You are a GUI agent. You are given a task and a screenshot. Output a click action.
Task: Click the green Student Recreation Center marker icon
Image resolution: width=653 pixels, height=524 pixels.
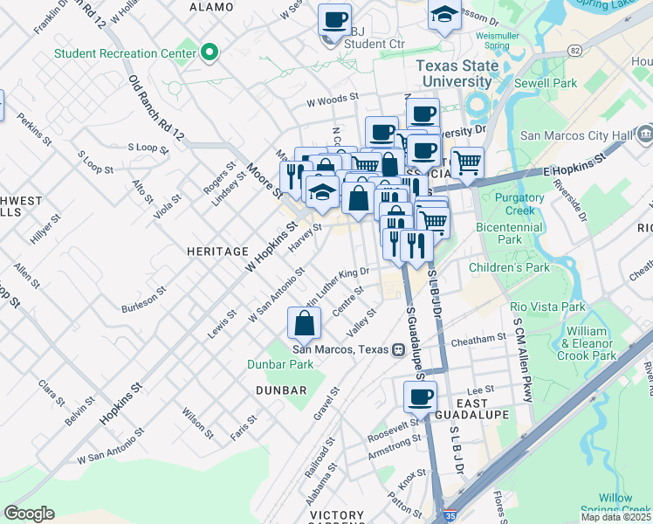(209, 53)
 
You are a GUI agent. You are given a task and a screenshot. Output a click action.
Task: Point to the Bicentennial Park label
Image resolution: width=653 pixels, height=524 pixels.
(509, 232)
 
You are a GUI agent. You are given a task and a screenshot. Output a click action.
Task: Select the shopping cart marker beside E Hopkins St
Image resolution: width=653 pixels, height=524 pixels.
(468, 161)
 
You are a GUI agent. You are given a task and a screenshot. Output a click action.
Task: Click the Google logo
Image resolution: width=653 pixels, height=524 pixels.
(29, 513)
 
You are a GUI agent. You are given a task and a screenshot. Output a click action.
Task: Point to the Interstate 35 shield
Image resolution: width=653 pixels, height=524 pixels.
(450, 518)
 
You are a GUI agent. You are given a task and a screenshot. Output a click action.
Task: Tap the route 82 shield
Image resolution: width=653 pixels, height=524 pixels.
(573, 51)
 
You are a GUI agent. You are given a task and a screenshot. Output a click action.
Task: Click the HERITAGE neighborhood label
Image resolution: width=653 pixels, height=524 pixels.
(217, 252)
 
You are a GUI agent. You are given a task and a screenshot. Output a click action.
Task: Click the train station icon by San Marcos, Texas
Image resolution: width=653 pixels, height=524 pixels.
(398, 349)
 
